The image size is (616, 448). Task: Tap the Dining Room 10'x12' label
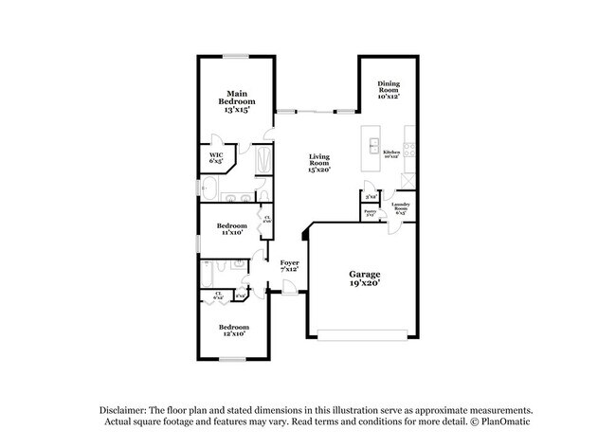point(389,90)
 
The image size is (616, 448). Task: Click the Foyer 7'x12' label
point(289,266)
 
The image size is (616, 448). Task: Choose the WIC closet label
point(216,157)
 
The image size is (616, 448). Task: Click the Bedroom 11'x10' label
point(231,228)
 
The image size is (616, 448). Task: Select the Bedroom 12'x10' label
point(232,330)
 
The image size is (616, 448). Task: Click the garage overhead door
point(365,333)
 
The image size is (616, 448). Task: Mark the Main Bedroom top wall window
point(236,56)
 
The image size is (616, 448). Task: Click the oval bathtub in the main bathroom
point(209,197)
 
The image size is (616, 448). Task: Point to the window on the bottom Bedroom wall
point(231,358)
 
